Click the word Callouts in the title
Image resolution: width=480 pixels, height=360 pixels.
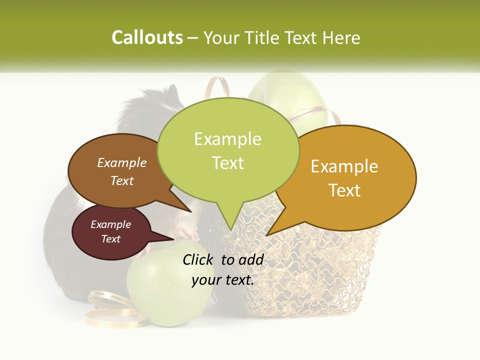pos(147,37)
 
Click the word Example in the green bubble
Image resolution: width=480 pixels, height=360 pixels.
pos(227,139)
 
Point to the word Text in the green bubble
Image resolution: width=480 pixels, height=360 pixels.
pos(227,162)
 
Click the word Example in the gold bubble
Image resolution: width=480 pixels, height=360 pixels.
pos(344,166)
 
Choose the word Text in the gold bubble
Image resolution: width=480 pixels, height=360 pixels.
pos(344,190)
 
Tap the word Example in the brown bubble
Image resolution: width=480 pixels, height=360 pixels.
pos(122,162)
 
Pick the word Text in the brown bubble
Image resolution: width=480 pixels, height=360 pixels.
pos(122,180)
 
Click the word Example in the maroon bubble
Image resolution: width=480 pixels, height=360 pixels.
pos(110,224)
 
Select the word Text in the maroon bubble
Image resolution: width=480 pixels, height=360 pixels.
pos(110,239)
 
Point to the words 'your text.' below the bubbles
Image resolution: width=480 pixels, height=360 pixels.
pos(223,280)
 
